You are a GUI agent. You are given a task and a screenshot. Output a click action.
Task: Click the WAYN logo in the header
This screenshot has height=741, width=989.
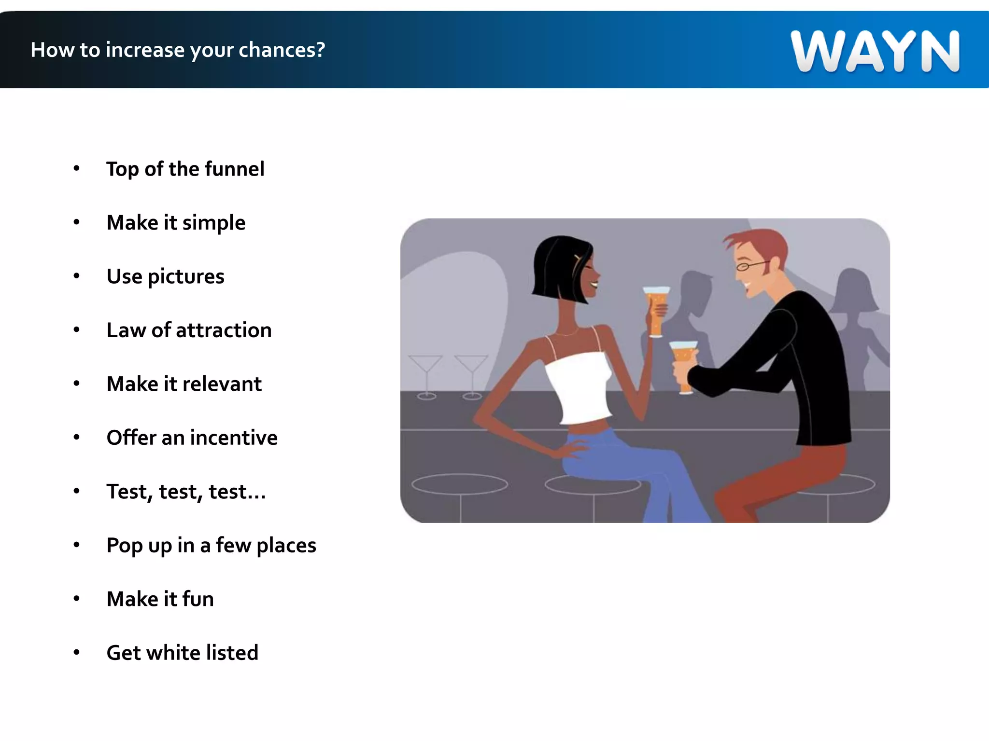(875, 51)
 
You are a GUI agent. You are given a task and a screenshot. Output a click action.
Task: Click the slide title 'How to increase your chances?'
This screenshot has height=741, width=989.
(178, 50)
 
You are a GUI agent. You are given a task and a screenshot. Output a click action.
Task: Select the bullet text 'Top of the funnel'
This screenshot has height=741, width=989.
(185, 169)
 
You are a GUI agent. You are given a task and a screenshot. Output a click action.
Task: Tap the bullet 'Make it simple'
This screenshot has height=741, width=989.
(176, 223)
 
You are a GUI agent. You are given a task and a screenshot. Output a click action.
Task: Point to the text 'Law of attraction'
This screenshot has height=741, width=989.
(189, 330)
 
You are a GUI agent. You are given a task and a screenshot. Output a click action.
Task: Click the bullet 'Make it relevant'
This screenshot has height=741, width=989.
(184, 384)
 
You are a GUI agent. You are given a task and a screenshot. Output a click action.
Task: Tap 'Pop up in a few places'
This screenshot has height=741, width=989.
(211, 546)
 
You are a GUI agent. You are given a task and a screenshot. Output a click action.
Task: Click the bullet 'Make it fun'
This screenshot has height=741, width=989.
(160, 599)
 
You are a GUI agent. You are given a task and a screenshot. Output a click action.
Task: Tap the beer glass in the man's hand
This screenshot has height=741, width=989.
(684, 364)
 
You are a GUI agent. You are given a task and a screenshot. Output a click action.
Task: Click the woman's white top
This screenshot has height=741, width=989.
(579, 386)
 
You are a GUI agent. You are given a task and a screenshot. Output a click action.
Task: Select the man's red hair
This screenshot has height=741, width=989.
(761, 244)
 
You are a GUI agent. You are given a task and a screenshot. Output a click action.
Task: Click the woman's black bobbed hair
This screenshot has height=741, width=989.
(555, 268)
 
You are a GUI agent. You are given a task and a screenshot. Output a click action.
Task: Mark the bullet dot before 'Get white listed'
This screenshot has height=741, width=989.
(76, 653)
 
